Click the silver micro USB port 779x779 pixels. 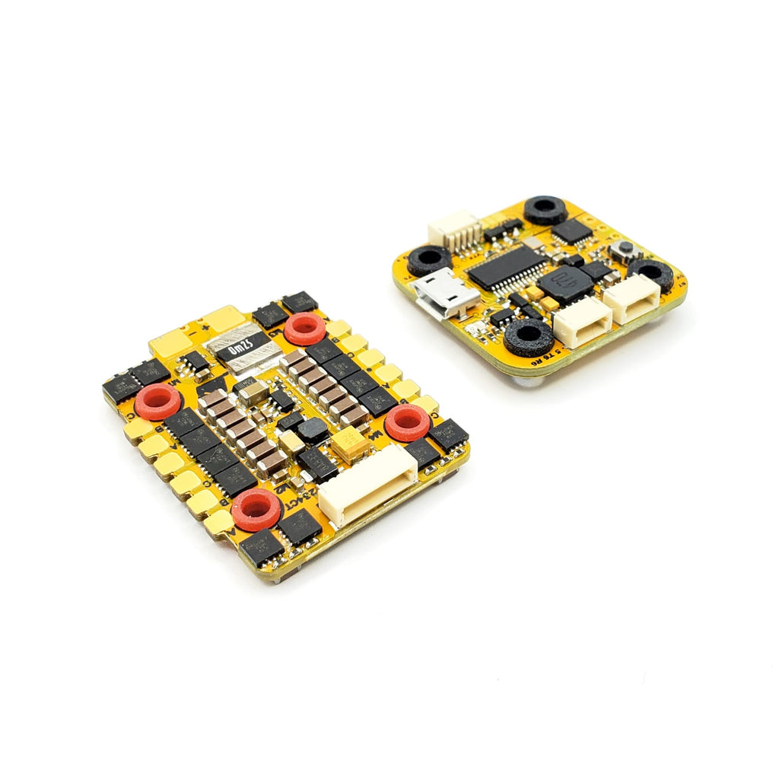(447, 294)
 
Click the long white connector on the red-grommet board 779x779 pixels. (368, 485)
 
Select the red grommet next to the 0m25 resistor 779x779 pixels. (304, 329)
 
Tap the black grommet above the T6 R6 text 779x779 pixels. (528, 335)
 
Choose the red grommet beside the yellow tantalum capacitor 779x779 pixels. (406, 422)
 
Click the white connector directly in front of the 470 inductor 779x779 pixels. (582, 320)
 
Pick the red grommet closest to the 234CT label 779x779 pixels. (256, 508)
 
